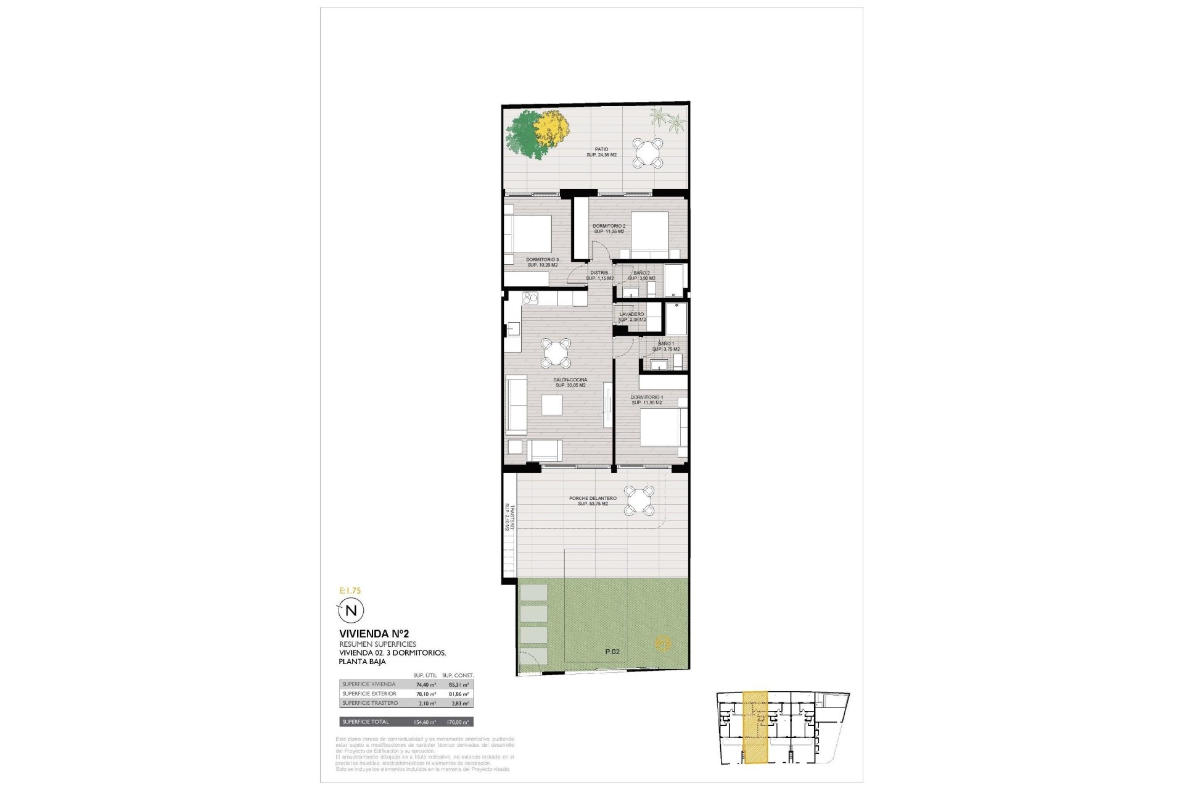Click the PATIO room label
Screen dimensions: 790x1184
click(601, 149)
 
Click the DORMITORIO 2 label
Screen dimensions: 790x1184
click(609, 226)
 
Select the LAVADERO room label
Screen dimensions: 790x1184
click(632, 314)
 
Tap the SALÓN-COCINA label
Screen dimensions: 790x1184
click(570, 380)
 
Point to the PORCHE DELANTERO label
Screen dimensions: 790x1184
click(593, 498)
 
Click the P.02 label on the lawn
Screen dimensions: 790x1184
click(612, 652)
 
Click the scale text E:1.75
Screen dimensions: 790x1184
click(350, 591)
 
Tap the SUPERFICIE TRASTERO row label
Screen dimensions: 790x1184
click(369, 703)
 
